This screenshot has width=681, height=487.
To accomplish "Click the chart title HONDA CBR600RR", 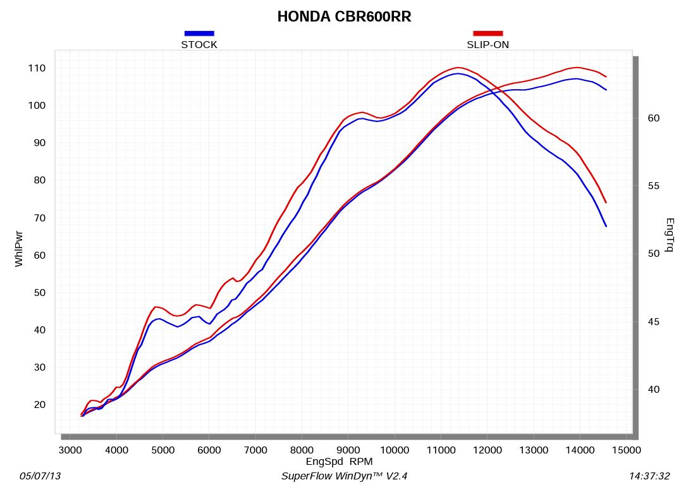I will [x=344, y=17].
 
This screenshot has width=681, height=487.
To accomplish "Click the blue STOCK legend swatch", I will [x=199, y=33].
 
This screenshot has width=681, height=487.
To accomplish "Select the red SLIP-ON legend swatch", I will [x=488, y=33].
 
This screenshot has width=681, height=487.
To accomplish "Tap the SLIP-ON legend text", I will [x=488, y=45].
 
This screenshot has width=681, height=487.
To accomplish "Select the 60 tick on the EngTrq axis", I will [x=654, y=118].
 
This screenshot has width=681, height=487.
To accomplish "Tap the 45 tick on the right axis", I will [x=654, y=322].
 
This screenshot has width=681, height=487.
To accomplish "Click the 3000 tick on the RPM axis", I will [x=70, y=450].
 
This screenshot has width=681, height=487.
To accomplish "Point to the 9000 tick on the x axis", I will [x=348, y=450].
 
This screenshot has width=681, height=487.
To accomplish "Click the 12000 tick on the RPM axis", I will [x=488, y=450].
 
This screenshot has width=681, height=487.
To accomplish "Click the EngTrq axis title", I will [x=670, y=235].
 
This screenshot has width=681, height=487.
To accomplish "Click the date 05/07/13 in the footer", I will [x=40, y=476].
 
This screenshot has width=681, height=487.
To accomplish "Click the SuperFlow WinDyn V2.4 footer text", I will [x=348, y=476].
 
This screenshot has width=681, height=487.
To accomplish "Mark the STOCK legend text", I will [x=199, y=45].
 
